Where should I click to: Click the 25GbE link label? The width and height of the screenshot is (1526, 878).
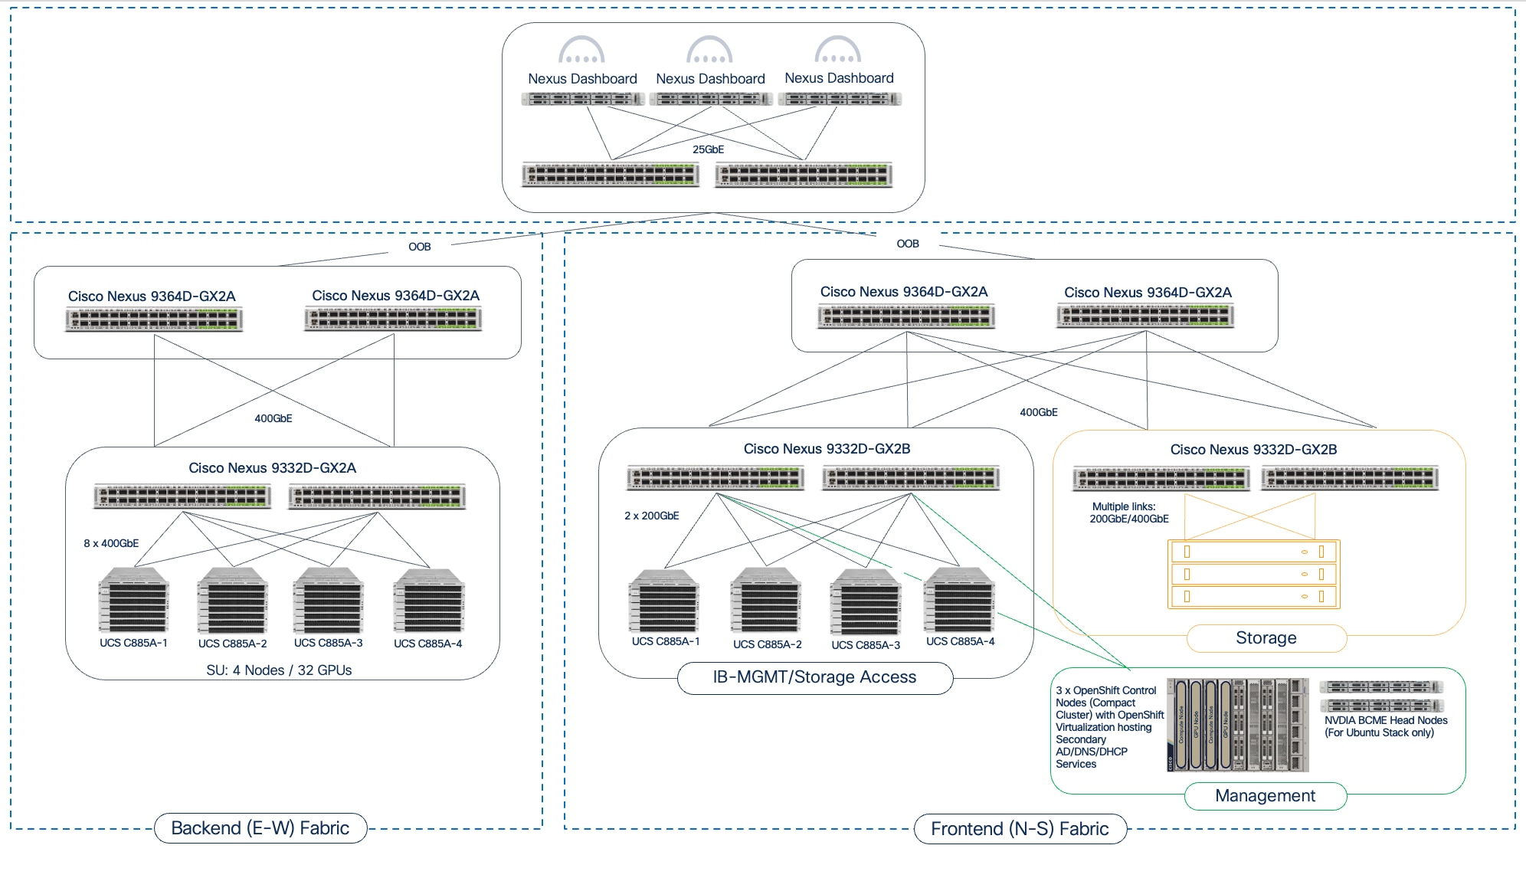click(x=708, y=149)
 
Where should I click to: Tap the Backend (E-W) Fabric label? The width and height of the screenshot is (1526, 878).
click(x=260, y=828)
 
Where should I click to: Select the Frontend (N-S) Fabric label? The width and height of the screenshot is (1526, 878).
click(x=1019, y=829)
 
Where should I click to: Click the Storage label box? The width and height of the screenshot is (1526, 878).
click(x=1266, y=638)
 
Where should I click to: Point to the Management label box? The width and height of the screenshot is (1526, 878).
click(x=1265, y=796)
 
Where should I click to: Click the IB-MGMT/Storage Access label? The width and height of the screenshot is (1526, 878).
click(x=814, y=677)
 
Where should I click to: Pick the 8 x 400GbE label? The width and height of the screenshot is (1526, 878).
click(x=111, y=543)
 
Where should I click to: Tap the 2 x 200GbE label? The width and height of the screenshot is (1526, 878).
click(x=651, y=516)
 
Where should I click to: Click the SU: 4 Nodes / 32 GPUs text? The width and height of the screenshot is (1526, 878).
click(x=279, y=670)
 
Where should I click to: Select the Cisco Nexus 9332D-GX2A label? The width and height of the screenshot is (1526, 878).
click(x=272, y=468)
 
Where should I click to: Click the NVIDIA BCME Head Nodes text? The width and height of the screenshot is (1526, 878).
click(x=1385, y=720)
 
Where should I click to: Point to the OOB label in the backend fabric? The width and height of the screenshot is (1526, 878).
click(x=419, y=247)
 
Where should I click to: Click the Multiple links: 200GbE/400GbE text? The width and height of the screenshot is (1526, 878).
click(x=1128, y=513)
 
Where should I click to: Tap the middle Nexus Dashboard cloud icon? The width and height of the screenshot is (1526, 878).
click(x=709, y=50)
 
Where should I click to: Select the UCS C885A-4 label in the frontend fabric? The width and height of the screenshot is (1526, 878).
click(x=960, y=641)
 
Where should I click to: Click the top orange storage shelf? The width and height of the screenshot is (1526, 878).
click(x=1253, y=552)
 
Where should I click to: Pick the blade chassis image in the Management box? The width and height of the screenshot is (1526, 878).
click(x=1237, y=724)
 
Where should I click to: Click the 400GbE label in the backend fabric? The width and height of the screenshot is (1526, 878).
click(x=273, y=418)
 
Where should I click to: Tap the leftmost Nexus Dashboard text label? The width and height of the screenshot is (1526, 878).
click(x=582, y=79)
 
